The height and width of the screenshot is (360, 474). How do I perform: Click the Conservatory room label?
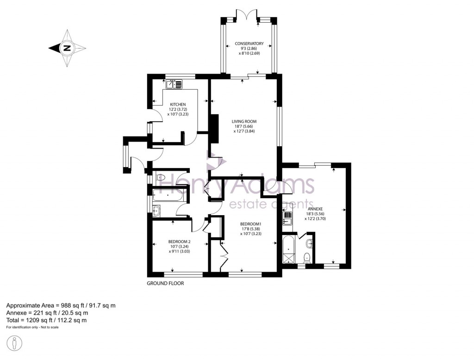tap(249, 44)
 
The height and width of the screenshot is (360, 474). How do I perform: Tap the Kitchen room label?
tap(178, 105)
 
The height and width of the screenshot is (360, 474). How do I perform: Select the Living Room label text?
tap(244, 122)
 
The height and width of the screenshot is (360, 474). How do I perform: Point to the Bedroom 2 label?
tap(180, 242)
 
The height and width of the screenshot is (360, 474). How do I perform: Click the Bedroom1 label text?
tap(250, 224)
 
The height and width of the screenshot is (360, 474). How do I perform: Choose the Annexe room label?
tap(314, 209)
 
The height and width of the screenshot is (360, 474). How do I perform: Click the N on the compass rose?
tap(67, 48)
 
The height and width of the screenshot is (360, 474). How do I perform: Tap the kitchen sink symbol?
tap(174, 84)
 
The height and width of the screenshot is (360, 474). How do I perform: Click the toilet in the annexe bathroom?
tap(306, 257)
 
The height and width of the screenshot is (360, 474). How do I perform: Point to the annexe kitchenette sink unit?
tap(287, 217)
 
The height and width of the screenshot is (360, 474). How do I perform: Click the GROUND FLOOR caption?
tap(165, 283)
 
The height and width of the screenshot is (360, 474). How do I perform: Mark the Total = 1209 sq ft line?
tap(46, 320)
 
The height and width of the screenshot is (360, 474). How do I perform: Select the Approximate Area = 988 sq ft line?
tap(61, 305)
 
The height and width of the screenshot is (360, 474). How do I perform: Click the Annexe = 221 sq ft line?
tap(46, 313)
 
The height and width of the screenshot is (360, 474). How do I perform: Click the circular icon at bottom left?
tap(15, 344)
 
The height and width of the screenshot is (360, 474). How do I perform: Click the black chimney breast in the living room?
tap(214, 129)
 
